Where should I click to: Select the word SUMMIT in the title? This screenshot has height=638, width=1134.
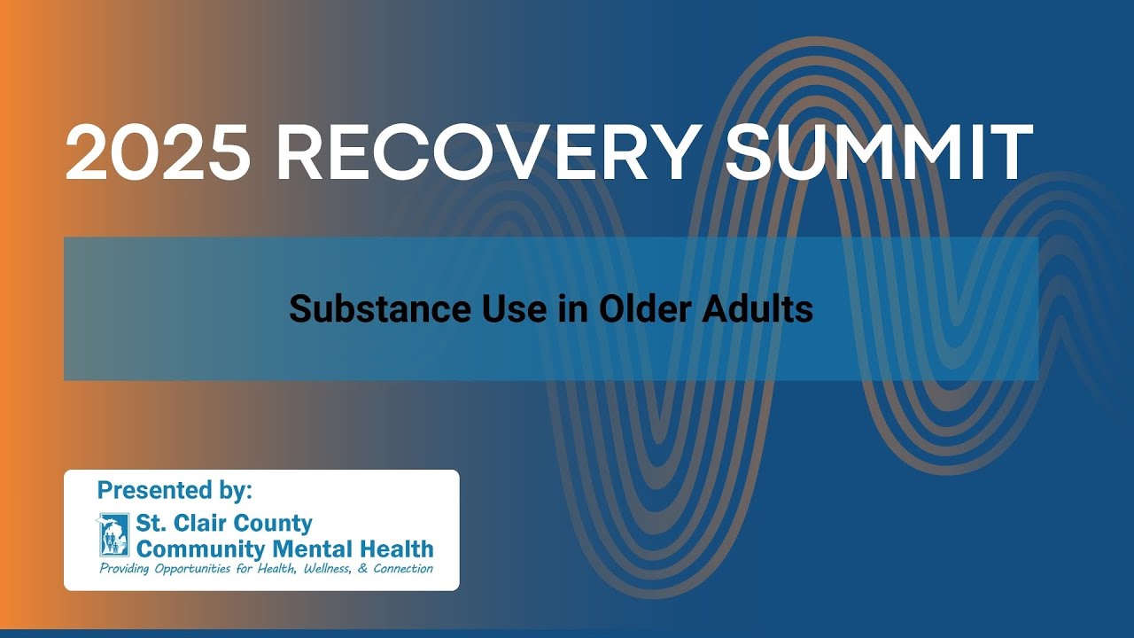879,152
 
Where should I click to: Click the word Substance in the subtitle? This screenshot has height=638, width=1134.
368,309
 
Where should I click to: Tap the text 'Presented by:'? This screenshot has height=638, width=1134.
175,490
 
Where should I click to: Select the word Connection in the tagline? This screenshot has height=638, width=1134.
403,569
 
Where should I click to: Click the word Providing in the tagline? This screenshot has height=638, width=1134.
125,569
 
